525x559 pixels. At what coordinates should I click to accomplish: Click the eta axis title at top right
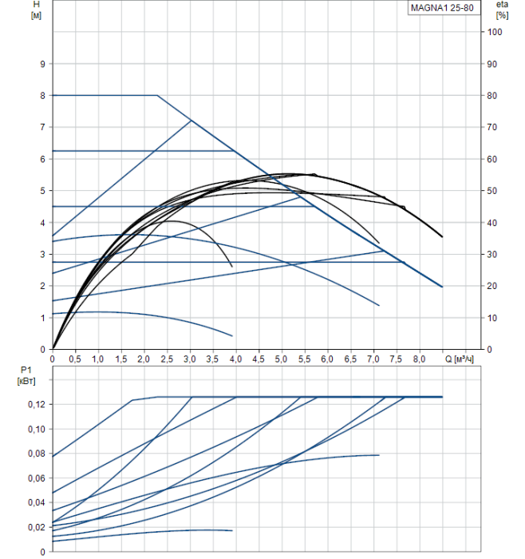pos(500,5)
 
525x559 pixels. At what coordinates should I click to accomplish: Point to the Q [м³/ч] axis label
pos(464,360)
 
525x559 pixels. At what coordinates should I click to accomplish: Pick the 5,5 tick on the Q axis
pos(304,360)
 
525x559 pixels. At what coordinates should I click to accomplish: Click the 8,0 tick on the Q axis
pos(419,360)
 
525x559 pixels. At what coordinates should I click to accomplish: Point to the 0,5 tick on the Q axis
pos(75,360)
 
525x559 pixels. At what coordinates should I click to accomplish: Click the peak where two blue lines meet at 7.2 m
pos(191,121)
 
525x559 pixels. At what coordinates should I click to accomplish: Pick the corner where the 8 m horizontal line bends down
pos(157,95)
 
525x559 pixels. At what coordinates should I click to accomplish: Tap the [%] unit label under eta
pos(500,15)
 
